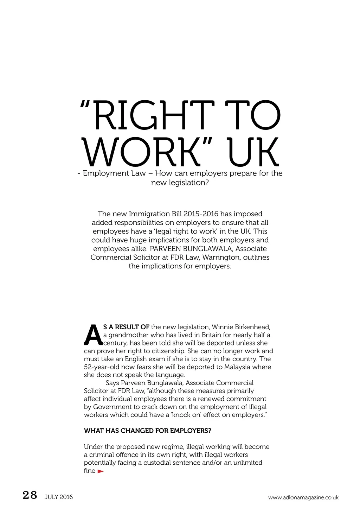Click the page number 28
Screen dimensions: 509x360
pyautogui.click(x=30, y=495)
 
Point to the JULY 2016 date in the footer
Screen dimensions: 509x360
pyautogui.click(x=59, y=497)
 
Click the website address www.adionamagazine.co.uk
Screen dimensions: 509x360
pyautogui.click(x=303, y=497)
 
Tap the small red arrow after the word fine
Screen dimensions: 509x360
pyautogui.click(x=101, y=471)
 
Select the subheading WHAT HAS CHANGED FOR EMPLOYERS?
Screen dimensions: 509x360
pyautogui.click(x=148, y=431)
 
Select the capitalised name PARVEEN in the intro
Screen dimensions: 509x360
pyautogui.click(x=163, y=249)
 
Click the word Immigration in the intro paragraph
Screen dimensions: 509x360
pyautogui.click(x=149, y=214)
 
